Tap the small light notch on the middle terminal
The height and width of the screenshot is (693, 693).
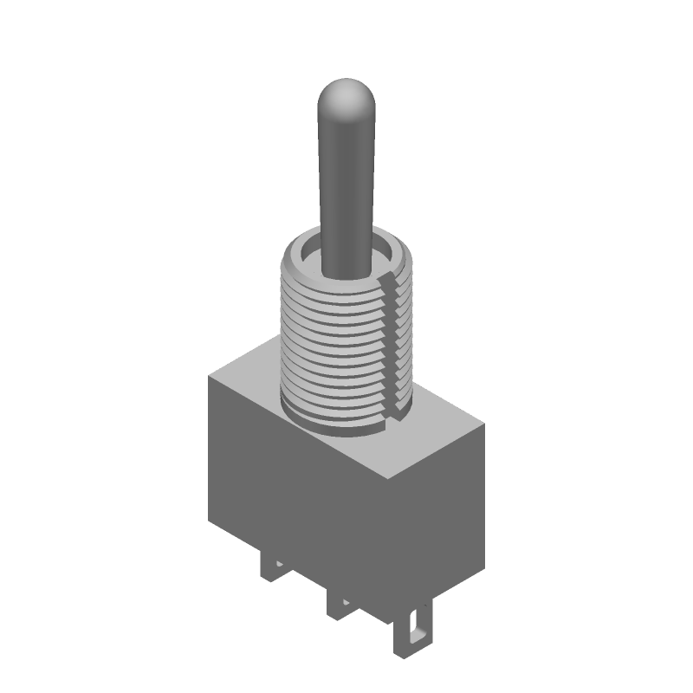click(345, 601)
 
